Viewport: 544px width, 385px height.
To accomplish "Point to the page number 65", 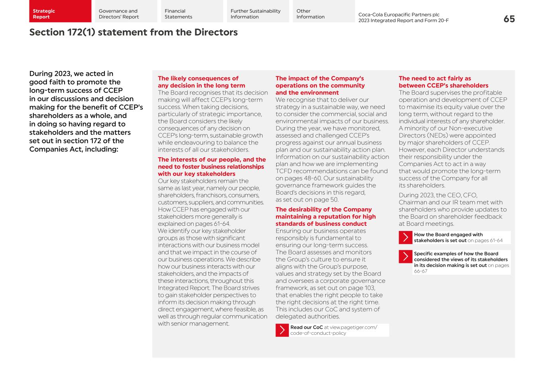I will coord(509,19).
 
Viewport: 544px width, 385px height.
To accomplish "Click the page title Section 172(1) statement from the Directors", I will coord(133,32).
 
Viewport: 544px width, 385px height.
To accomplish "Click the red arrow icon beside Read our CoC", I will coord(282,330).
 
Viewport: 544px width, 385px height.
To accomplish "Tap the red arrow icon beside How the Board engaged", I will coord(405,237).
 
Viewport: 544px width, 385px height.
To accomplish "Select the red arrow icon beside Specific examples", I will coord(405,257).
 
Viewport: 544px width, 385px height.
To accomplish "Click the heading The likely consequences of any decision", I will coord(201,82).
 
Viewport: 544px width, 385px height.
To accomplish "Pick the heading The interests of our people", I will coord(212,166).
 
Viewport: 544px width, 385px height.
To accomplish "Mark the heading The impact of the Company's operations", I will coord(320,85).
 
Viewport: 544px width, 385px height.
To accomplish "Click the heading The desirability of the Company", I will coord(325,216).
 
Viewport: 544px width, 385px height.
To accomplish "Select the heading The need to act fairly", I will coord(443,82).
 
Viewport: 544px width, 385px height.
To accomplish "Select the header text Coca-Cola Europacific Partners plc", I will coord(399,15).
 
